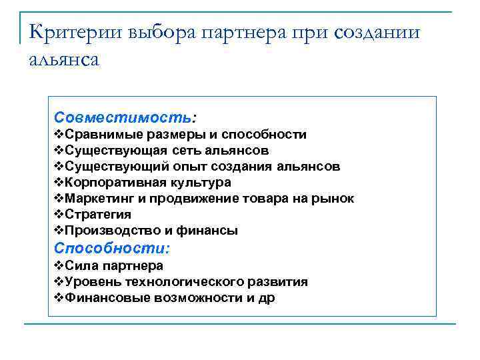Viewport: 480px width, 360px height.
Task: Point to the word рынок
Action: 335,199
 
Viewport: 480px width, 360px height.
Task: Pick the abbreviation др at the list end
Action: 266,299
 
